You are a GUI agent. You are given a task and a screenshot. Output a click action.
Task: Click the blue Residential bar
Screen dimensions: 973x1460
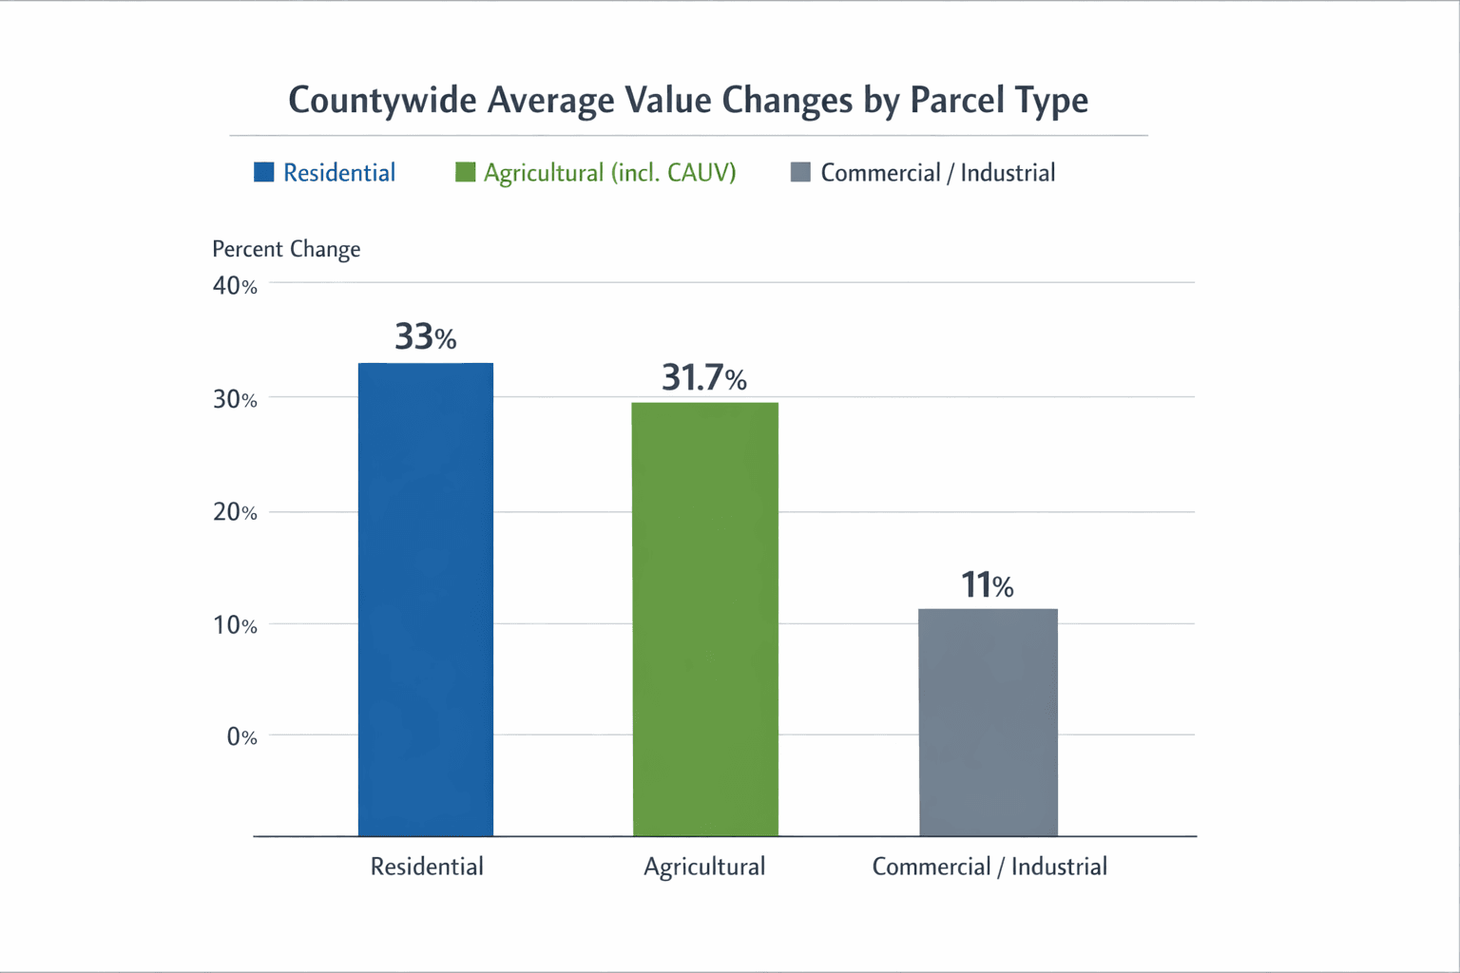click(x=426, y=599)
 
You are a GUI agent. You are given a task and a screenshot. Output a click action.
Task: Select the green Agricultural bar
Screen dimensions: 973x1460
click(x=705, y=619)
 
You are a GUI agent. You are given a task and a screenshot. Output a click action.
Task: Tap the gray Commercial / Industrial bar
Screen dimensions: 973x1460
click(x=989, y=722)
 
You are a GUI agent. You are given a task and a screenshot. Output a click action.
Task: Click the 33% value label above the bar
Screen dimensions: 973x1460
click(x=426, y=337)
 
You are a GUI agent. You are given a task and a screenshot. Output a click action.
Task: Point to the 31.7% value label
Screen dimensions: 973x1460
click(x=704, y=378)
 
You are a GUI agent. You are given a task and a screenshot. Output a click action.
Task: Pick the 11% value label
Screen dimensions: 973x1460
click(x=988, y=585)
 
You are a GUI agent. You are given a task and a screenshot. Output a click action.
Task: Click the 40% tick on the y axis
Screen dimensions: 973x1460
click(x=235, y=286)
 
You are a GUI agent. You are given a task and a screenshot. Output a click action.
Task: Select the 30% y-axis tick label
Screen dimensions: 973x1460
click(x=235, y=400)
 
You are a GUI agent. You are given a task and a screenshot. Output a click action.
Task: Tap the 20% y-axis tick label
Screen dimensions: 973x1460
click(x=235, y=513)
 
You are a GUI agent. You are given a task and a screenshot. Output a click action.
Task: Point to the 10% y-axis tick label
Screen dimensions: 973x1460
click(x=235, y=625)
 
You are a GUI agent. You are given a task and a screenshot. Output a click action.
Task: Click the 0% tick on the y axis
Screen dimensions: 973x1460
click(x=241, y=737)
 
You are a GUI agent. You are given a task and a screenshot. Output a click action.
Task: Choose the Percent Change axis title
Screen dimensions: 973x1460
click(x=286, y=249)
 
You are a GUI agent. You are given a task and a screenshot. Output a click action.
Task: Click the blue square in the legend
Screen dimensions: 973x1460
click(x=264, y=172)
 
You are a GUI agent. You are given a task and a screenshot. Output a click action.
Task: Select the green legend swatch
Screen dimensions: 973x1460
click(x=465, y=172)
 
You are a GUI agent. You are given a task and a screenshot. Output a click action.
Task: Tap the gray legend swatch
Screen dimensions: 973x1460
click(x=800, y=172)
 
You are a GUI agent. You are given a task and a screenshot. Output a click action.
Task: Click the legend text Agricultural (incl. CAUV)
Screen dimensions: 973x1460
click(x=609, y=173)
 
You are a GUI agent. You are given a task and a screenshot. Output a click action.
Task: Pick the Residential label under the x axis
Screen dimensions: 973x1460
click(x=427, y=867)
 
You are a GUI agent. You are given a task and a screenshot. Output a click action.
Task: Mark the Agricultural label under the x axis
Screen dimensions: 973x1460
click(x=704, y=867)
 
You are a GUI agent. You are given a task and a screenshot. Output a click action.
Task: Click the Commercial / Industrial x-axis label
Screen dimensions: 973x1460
click(x=989, y=867)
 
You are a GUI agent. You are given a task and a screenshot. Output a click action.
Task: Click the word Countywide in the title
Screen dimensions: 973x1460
click(x=382, y=101)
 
